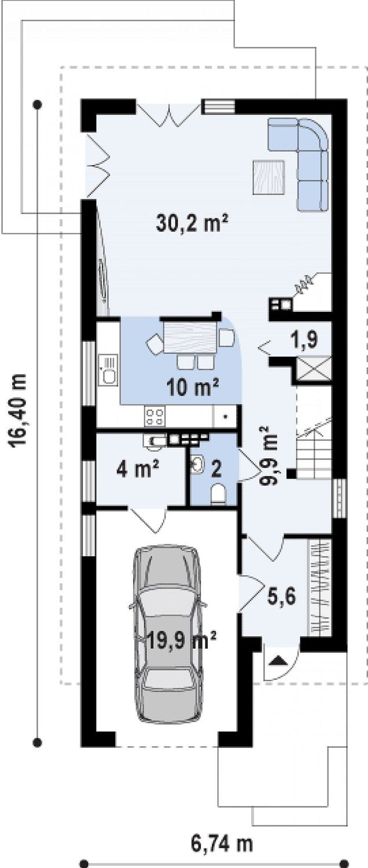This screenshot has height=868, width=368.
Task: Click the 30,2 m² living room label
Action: pos(192,223)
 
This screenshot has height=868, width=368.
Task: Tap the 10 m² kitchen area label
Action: pos(193,387)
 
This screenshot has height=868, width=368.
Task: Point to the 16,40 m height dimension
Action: pos(18,411)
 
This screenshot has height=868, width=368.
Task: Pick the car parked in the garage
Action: pos(168,634)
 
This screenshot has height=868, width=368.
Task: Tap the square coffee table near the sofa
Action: pos(270,177)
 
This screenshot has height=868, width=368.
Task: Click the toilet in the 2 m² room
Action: pos(219,494)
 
